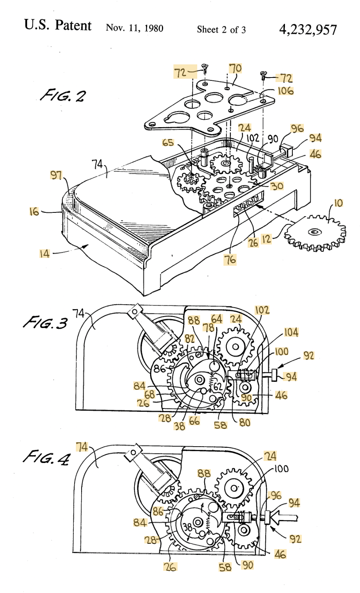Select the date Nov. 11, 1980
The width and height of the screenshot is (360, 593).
tap(134, 28)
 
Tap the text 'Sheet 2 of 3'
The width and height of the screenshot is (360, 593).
tap(221, 29)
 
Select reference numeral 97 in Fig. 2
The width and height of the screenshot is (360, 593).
tap(56, 175)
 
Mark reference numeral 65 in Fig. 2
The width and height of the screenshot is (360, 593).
tap(168, 143)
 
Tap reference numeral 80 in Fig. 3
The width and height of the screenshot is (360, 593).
tap(245, 421)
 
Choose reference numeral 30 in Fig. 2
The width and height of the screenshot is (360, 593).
tap(277, 186)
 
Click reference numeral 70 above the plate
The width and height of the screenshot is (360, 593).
tap(235, 68)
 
